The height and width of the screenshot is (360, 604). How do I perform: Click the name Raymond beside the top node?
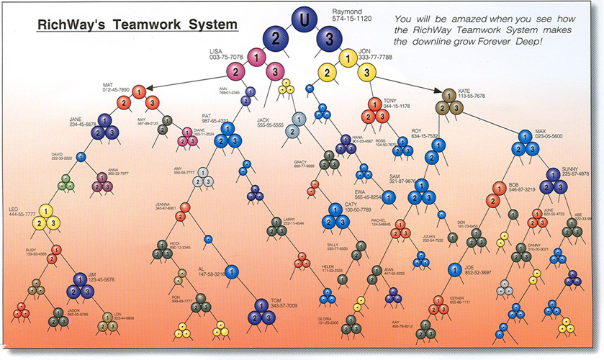(x=347, y=12)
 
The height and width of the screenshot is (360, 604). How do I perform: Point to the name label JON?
(x=365, y=51)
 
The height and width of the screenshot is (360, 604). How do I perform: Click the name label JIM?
(x=91, y=275)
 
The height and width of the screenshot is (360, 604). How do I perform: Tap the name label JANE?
(x=76, y=117)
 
